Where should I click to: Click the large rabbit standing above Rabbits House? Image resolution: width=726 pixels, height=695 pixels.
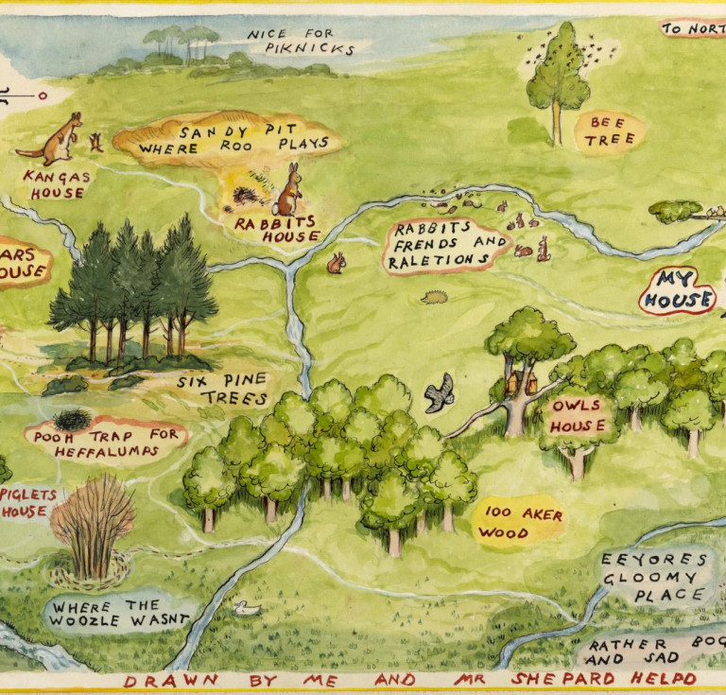tap(289, 192)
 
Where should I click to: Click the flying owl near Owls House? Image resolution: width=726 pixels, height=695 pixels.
tap(439, 392)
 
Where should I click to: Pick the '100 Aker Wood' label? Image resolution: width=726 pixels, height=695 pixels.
tap(519, 523)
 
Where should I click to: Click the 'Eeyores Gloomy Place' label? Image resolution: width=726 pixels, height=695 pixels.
tap(653, 577)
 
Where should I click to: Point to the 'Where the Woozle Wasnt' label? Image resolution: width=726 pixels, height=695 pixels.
tap(120, 613)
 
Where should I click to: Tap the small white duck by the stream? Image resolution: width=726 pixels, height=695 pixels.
tap(248, 608)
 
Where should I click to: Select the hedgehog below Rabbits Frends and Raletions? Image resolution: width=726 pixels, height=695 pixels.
tap(435, 298)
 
